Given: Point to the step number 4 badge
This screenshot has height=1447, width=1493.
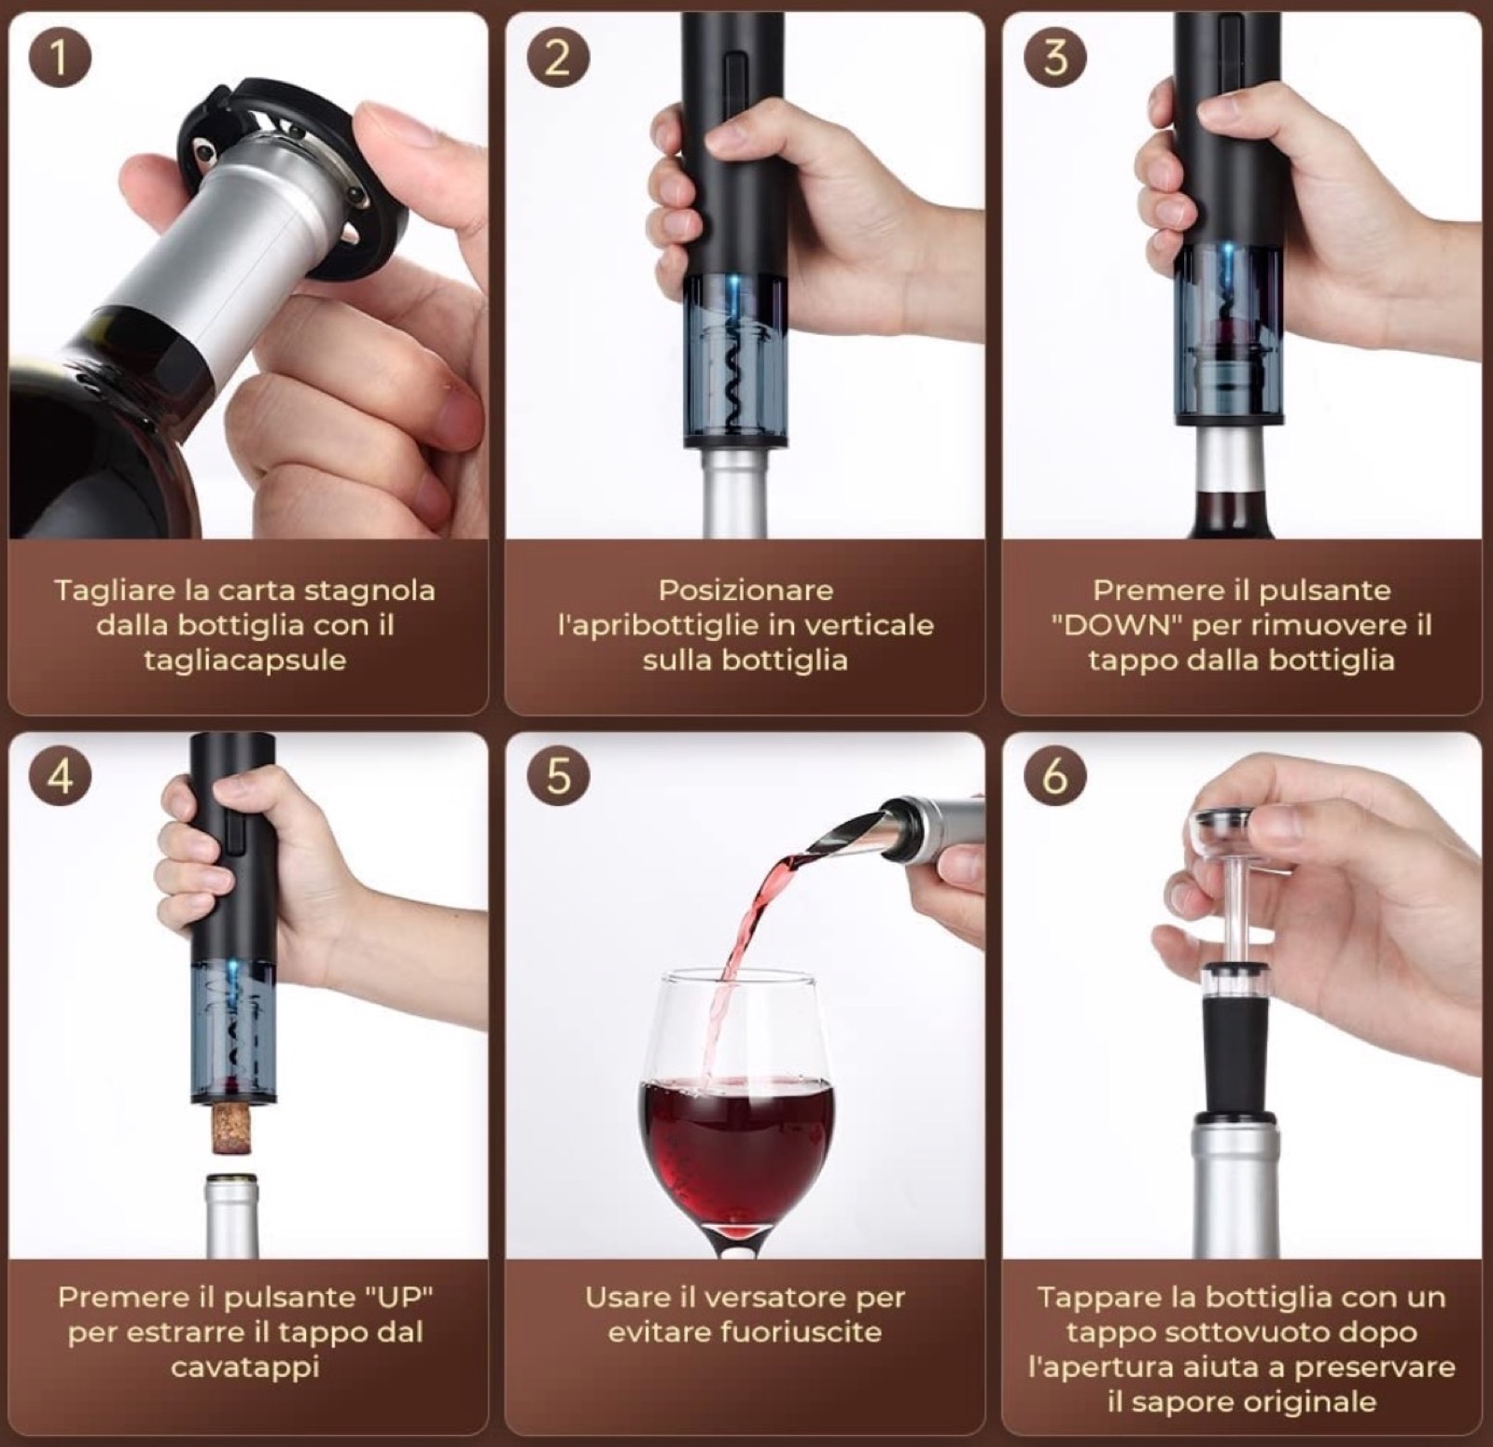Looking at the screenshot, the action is [x=61, y=775].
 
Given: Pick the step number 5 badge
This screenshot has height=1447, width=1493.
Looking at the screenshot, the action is [x=558, y=775].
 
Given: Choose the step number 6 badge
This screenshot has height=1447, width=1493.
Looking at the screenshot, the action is [x=1055, y=775].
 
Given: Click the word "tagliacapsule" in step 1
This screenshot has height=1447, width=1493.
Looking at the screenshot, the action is [x=244, y=661].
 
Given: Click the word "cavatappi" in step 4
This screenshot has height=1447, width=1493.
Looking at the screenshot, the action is [x=245, y=1368].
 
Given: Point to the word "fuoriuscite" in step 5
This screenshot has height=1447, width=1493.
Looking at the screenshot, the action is [x=792, y=1331].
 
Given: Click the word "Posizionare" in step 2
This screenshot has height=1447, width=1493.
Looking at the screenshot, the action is [x=746, y=591].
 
